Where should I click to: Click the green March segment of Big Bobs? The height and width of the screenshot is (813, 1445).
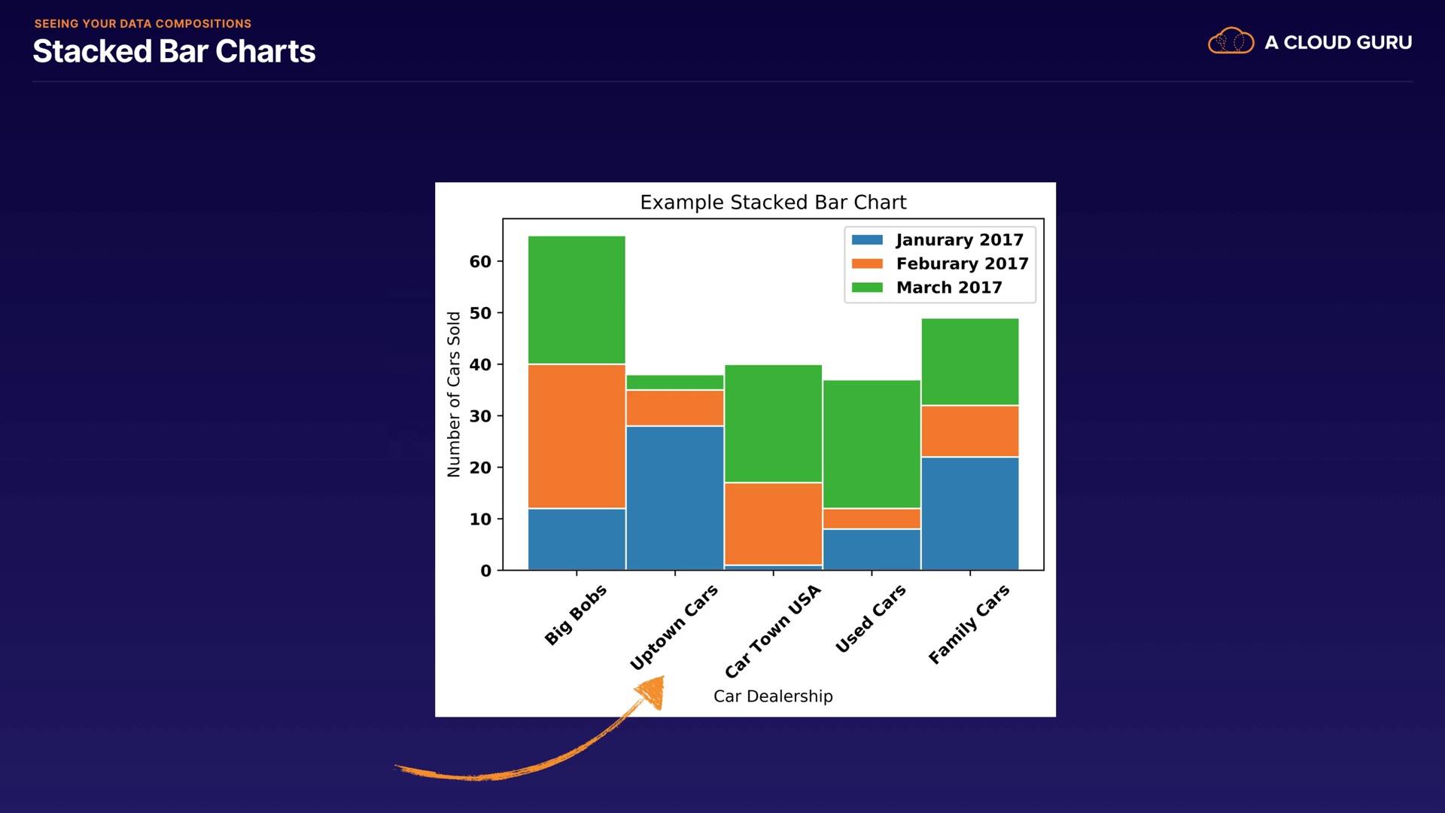[x=576, y=300]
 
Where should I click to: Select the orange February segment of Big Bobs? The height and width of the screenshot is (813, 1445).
[x=576, y=436]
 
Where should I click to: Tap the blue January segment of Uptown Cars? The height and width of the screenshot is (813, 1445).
[x=675, y=498]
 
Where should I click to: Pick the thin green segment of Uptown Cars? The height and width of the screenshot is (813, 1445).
[x=675, y=382]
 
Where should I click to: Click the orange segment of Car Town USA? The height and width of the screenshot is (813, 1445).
[x=773, y=523]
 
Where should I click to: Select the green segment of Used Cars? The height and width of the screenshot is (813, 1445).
[x=872, y=444]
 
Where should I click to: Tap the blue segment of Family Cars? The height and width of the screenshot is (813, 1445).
[x=970, y=513]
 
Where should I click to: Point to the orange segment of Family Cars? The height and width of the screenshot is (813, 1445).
[x=970, y=431]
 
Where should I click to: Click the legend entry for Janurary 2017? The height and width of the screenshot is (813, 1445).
[x=938, y=239]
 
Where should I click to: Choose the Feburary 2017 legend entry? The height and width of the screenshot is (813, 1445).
[x=941, y=263]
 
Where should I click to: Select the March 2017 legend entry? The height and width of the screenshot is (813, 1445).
[x=928, y=288]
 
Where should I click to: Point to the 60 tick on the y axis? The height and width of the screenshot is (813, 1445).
[x=480, y=261]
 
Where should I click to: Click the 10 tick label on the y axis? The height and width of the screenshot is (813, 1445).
[x=480, y=519]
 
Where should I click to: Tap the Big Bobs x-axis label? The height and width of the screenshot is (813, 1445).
[x=576, y=614]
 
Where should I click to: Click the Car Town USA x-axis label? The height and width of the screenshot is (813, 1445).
[x=773, y=631]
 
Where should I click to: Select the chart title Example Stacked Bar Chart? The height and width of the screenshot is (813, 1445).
[x=773, y=202]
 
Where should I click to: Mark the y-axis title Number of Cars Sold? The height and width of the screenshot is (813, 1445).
[x=453, y=394]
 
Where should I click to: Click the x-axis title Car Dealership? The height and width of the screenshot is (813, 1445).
[x=773, y=696]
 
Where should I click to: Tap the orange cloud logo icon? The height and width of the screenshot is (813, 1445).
[x=1231, y=41]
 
